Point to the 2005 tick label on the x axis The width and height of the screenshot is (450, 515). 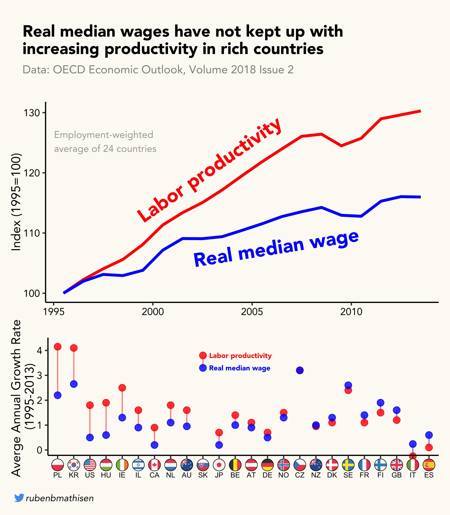click(252, 312)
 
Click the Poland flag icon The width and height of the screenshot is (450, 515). click(58, 465)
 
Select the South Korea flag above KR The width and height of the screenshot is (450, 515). click(74, 465)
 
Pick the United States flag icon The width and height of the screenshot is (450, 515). click(90, 465)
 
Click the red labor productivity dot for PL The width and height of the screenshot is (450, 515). click(58, 347)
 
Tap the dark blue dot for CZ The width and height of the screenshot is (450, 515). click(300, 370)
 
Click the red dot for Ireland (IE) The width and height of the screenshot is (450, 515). click(122, 388)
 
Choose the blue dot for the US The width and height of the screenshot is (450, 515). click(90, 438)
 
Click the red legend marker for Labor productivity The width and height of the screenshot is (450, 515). click(203, 355)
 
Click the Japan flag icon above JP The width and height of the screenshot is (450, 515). click(219, 465)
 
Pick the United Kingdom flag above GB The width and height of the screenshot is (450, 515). click(396, 465)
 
